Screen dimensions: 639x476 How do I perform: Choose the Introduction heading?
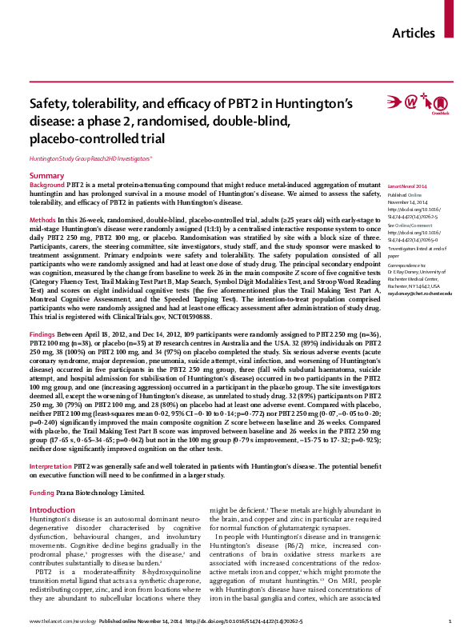pyautogui.click(x=53, y=510)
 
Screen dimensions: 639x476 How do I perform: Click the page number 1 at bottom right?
pyautogui.click(x=450, y=621)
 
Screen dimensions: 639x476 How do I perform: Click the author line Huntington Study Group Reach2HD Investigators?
pyautogui.click(x=94, y=159)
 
